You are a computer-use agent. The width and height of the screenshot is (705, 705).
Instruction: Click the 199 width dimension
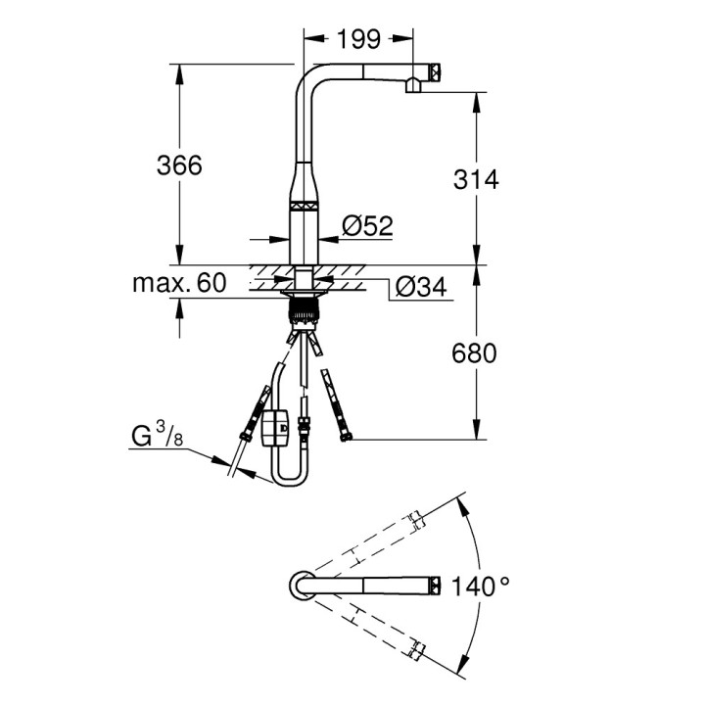click(x=358, y=40)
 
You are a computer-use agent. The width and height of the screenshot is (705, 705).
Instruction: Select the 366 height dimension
click(x=179, y=165)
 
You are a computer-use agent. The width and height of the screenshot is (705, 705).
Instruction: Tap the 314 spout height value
click(x=477, y=179)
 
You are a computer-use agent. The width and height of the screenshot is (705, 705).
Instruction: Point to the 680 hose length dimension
click(x=477, y=352)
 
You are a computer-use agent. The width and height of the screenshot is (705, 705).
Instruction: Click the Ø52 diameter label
click(x=366, y=226)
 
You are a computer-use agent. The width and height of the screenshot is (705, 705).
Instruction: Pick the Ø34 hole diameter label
click(x=418, y=286)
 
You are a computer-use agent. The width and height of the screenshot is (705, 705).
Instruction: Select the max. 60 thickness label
click(x=179, y=284)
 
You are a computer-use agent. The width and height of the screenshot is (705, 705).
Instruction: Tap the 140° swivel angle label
click(x=481, y=587)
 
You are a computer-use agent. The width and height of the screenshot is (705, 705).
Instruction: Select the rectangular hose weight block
click(x=274, y=428)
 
